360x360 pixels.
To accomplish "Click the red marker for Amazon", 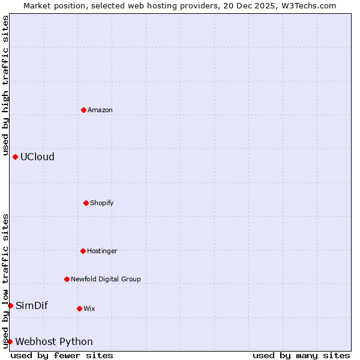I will tap(83, 110).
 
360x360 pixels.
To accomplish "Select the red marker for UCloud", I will tap(15, 157).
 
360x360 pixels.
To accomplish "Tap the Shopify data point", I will tap(86, 203).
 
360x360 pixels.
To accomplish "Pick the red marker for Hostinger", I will tap(83, 251).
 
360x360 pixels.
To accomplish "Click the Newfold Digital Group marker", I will tap(67, 279).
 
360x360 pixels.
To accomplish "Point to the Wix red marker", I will tap(79, 308).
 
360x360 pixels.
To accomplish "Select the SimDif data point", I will tap(10, 305).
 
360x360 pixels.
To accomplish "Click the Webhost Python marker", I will tap(10, 341).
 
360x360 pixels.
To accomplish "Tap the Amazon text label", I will tap(100, 110).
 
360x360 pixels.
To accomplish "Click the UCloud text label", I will tap(37, 157).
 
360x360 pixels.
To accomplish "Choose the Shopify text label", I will tap(102, 203).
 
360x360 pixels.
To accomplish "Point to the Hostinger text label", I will tap(102, 251).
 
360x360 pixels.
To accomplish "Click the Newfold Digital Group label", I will tap(106, 279).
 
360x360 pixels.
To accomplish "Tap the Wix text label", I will tap(89, 308).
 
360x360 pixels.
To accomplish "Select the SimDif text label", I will tap(32, 305).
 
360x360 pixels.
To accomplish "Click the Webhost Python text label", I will tap(54, 341).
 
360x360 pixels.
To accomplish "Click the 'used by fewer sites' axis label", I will tap(62, 355).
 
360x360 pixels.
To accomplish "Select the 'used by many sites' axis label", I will tap(301, 355).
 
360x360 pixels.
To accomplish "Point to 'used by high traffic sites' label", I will tap(5, 85).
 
